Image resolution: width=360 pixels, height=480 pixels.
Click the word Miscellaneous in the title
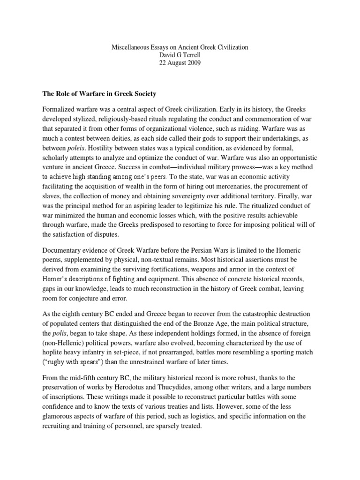131,47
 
